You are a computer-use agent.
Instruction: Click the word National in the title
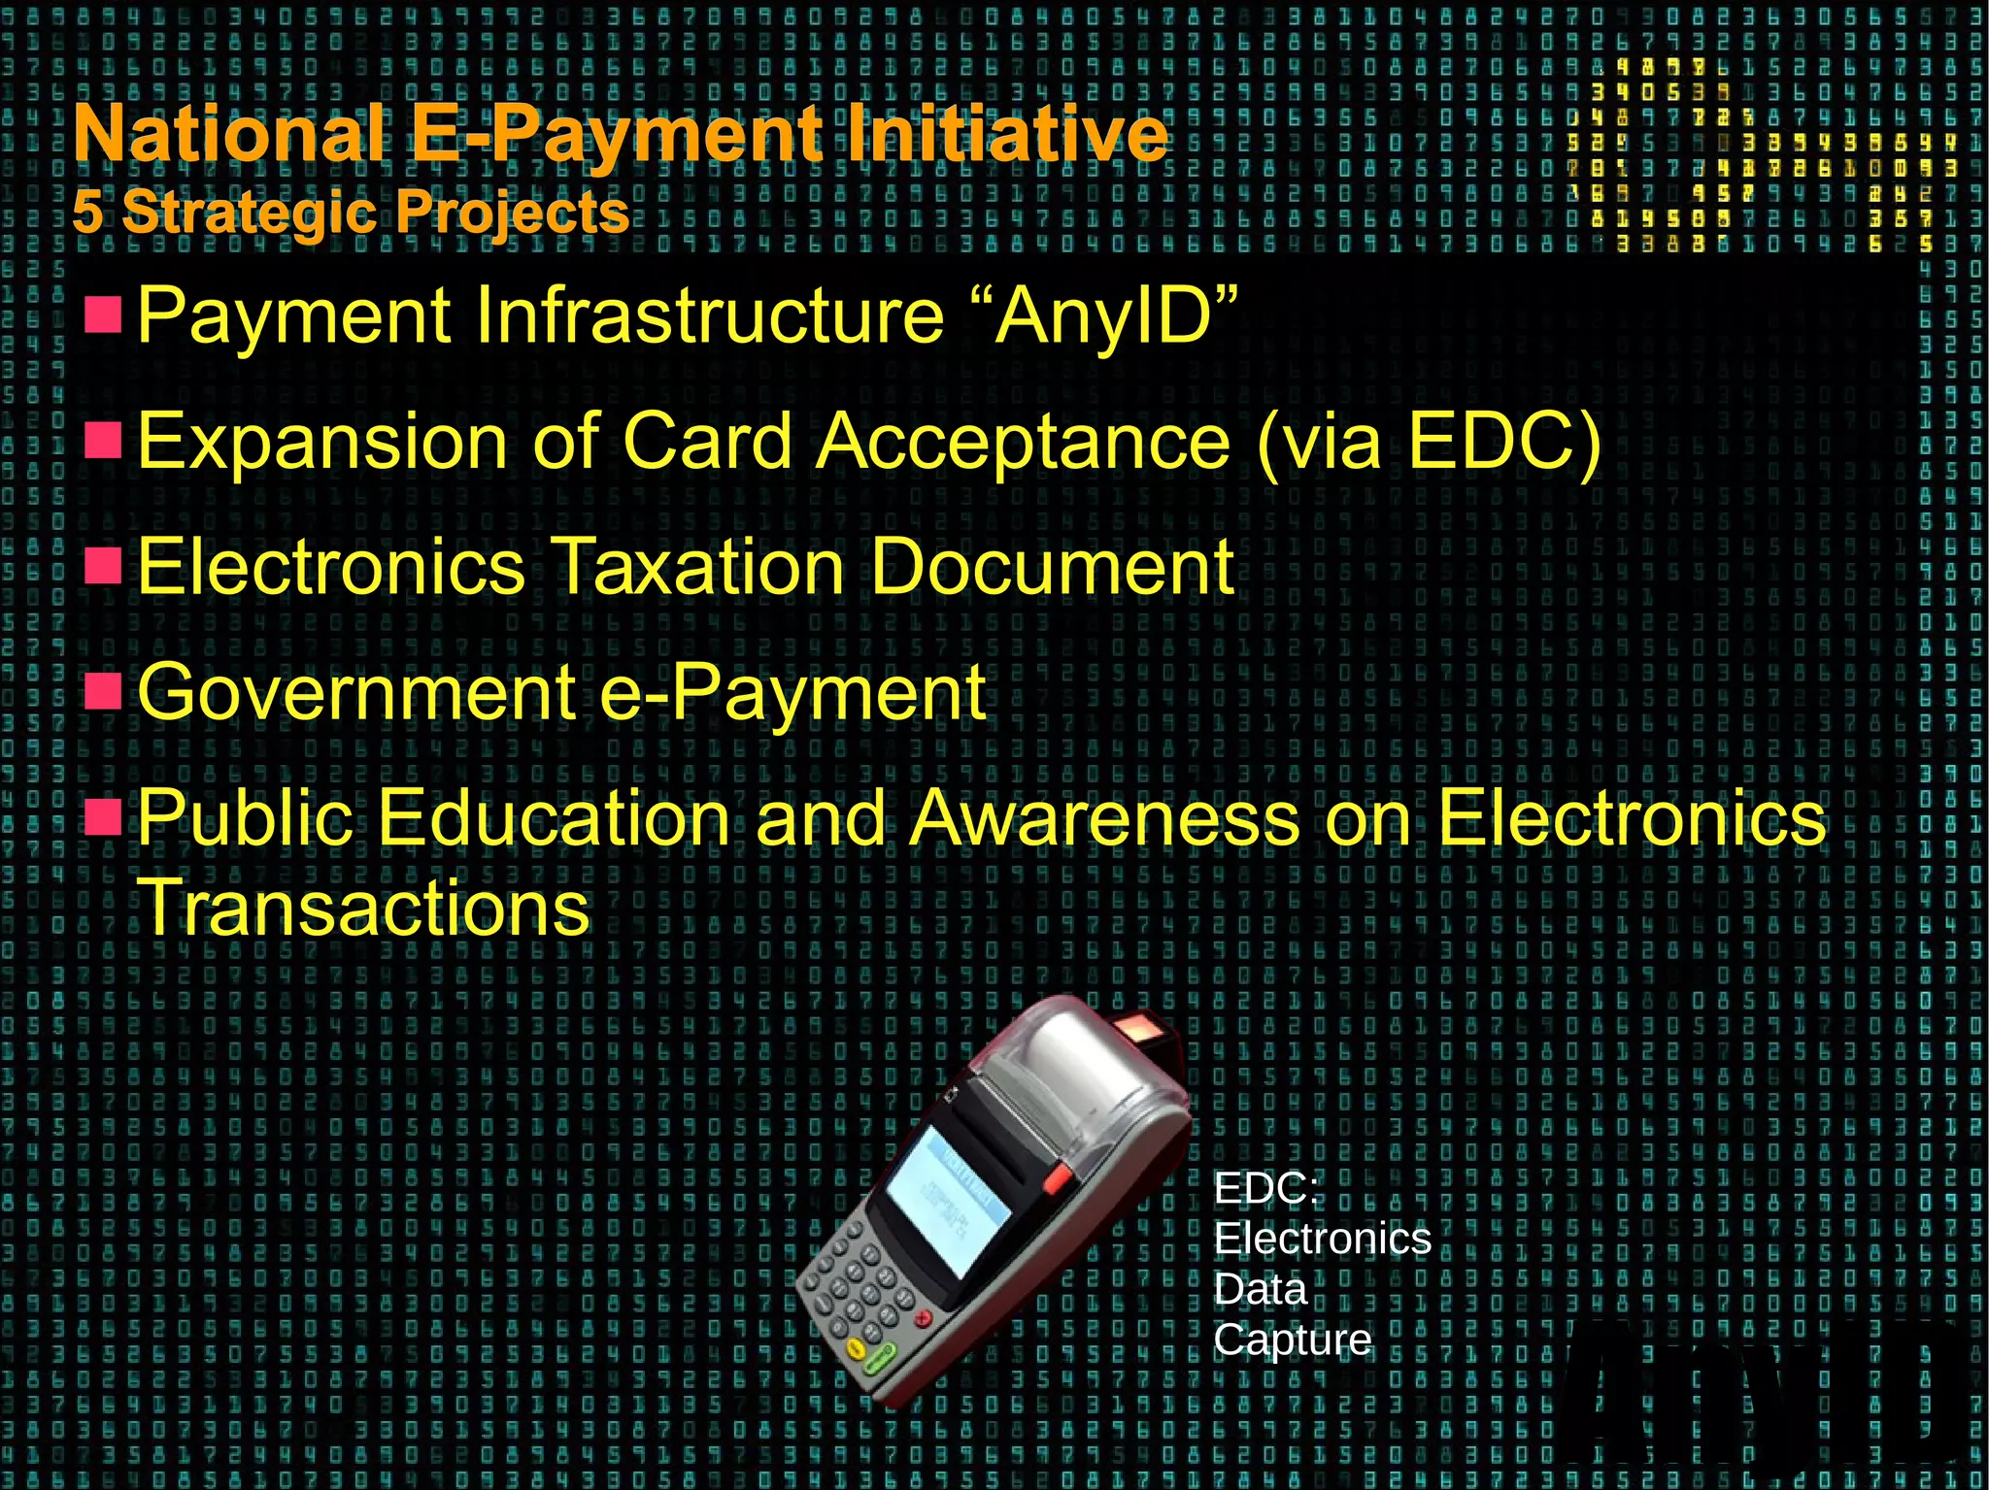click(228, 134)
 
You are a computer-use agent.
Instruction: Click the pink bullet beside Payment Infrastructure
click(103, 315)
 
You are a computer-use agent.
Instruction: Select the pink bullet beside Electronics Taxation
click(103, 565)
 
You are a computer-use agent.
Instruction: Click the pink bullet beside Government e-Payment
click(103, 691)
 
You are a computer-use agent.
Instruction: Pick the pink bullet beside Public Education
click(103, 816)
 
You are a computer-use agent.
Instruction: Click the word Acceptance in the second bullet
click(1024, 442)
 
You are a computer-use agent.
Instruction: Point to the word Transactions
click(363, 908)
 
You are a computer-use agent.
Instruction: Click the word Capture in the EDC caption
click(1292, 1341)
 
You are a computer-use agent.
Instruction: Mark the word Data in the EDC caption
click(1260, 1290)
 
